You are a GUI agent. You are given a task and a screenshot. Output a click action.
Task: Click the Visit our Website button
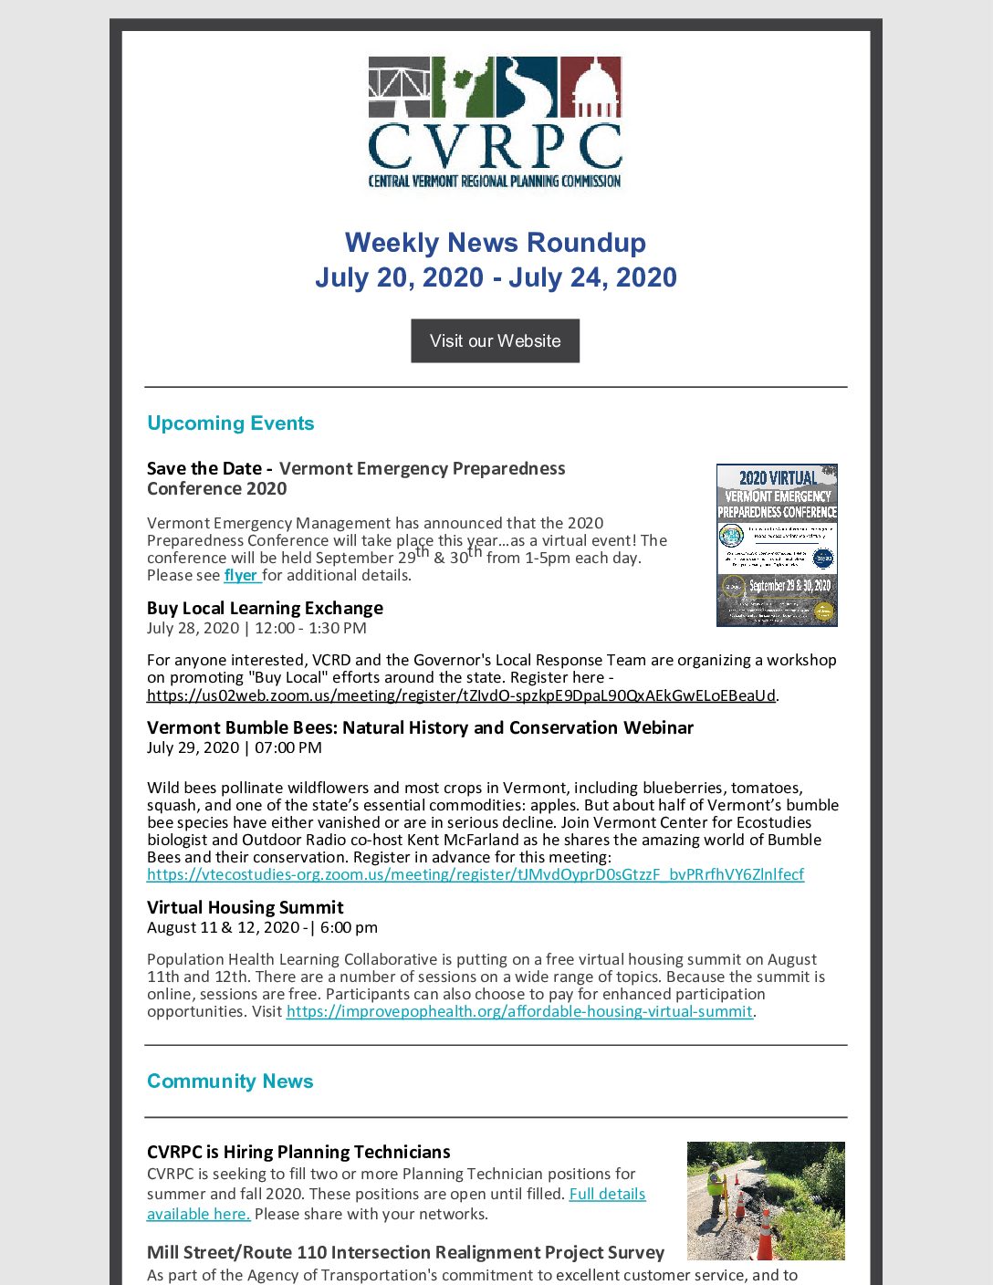point(495,340)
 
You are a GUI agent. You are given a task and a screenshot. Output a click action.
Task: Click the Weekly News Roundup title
point(495,243)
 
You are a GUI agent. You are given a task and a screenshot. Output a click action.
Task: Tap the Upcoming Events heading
point(230,423)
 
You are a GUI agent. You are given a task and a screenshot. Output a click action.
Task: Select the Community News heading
point(230,1081)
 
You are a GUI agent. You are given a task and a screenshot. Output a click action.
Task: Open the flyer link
point(241,575)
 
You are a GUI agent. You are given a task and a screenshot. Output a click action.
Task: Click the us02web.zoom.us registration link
point(461,695)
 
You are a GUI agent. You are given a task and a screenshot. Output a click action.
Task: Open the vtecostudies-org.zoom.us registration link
point(476,874)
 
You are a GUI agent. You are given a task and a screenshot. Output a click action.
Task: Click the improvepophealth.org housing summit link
point(519,1011)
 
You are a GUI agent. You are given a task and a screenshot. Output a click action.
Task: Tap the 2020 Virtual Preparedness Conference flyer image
point(777,545)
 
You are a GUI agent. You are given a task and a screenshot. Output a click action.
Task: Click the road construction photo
point(766,1200)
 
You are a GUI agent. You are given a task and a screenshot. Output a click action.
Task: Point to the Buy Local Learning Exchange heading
point(265,608)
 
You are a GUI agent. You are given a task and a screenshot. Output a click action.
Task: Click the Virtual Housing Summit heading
point(246,907)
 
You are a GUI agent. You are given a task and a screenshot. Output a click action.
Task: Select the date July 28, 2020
point(193,628)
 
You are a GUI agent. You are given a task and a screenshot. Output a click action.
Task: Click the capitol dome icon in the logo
point(591,87)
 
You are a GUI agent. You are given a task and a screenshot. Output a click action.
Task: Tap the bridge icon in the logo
point(399,87)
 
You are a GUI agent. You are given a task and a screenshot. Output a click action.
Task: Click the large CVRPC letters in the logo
point(495,146)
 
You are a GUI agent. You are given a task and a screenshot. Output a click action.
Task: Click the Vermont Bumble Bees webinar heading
point(420,727)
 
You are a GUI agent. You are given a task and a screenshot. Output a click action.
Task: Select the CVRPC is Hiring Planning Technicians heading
point(298,1152)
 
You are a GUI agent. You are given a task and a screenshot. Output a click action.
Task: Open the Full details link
point(607,1194)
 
